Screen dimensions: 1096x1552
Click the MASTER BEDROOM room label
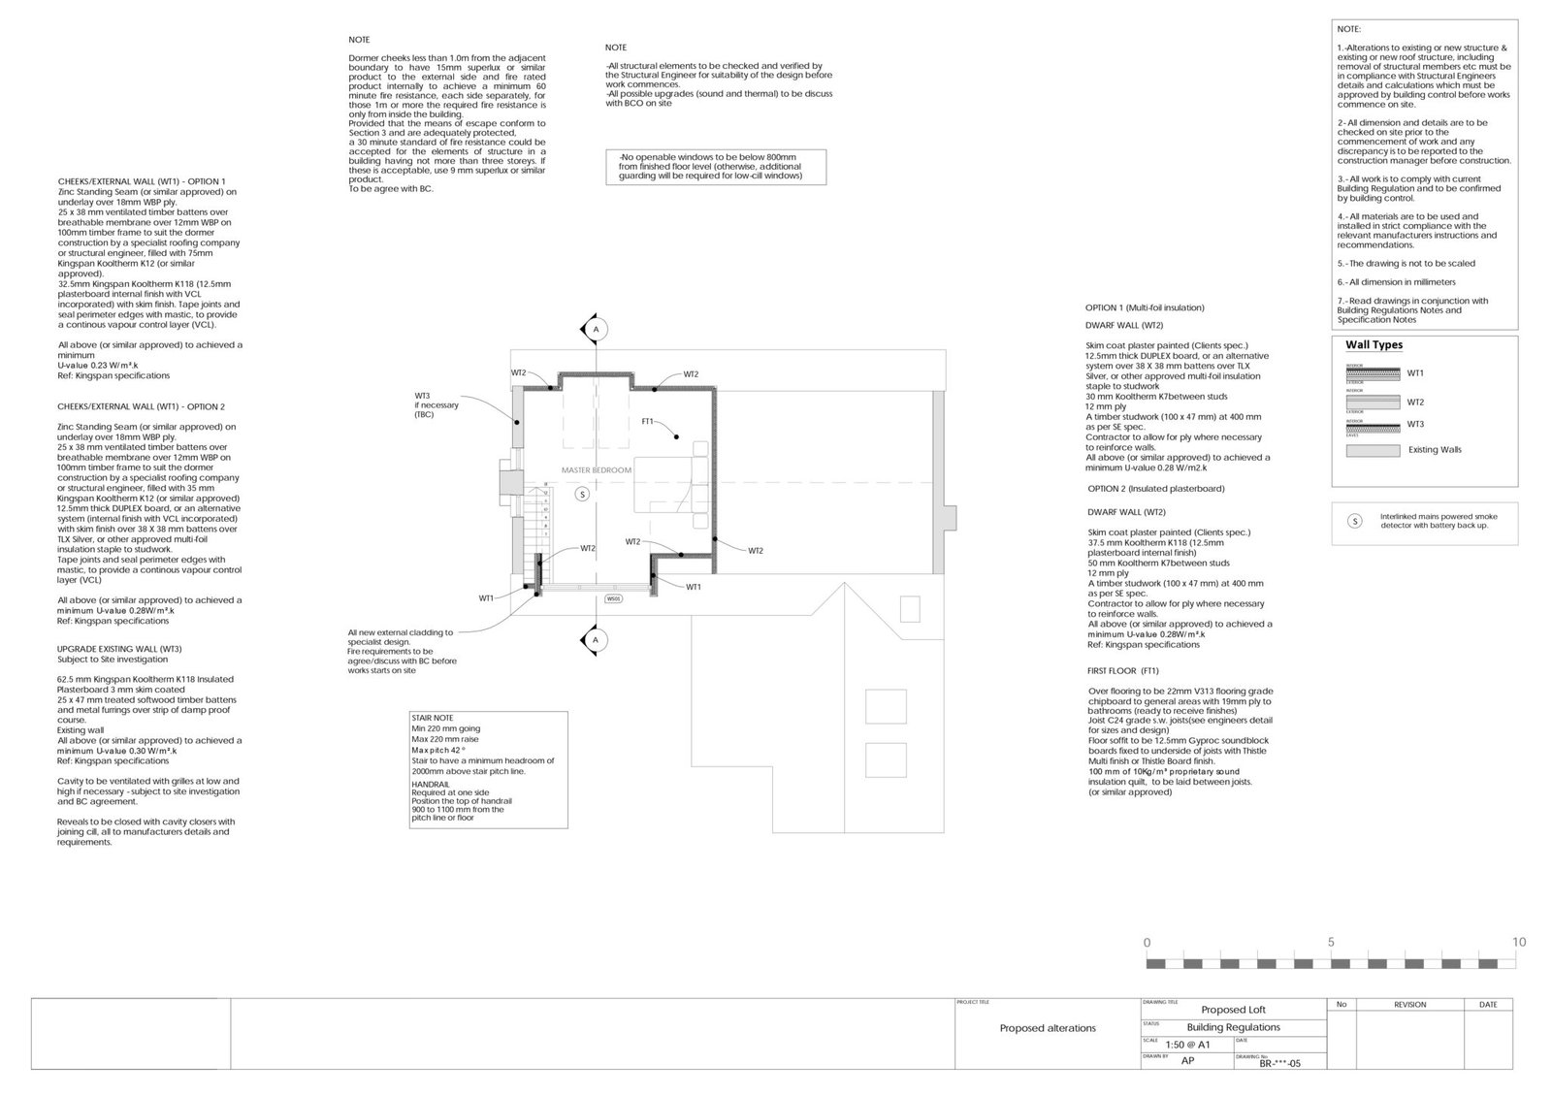point(597,470)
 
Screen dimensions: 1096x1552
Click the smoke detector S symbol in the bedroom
point(582,494)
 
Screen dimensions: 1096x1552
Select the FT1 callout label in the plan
point(647,422)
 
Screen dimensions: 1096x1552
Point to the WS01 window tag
point(613,599)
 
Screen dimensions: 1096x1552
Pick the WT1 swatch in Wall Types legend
point(1373,373)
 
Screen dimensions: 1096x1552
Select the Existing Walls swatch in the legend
point(1373,450)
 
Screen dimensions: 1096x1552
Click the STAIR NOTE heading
point(432,719)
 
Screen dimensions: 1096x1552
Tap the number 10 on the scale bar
point(1519,942)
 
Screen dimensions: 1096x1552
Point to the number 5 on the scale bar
point(1331,942)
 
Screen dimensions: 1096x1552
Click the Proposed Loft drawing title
point(1233,1010)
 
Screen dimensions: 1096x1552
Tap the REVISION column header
point(1409,1005)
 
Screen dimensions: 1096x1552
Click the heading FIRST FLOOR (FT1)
point(1122,670)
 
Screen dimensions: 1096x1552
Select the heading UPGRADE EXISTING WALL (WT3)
point(119,649)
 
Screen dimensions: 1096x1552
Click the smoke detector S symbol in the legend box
point(1355,521)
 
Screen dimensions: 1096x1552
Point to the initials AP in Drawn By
point(1187,1061)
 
